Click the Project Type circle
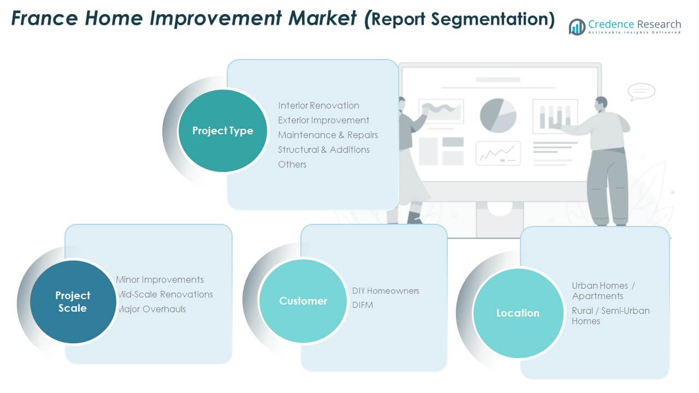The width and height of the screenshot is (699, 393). [x=223, y=131]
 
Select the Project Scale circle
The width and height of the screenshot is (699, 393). [x=73, y=301]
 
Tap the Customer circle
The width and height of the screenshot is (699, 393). [x=303, y=301]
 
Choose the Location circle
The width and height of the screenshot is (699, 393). [x=518, y=313]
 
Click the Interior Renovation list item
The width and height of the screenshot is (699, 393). [x=318, y=105]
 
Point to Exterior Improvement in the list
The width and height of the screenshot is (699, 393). [x=323, y=120]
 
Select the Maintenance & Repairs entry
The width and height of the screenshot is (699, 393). [x=328, y=135]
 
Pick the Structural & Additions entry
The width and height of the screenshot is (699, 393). [x=324, y=150]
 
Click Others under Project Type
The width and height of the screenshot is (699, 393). [x=292, y=164]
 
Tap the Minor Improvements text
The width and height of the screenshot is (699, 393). [x=160, y=279]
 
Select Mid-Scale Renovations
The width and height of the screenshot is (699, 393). [x=165, y=294]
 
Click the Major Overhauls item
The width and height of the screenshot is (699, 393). [x=151, y=309]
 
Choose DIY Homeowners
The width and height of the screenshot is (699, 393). [x=386, y=291]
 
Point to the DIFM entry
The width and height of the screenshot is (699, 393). [x=363, y=305]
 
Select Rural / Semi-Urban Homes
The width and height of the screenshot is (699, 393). [x=611, y=316]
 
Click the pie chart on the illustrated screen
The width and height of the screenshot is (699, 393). [x=498, y=115]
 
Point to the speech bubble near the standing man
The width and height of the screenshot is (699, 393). [x=641, y=91]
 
